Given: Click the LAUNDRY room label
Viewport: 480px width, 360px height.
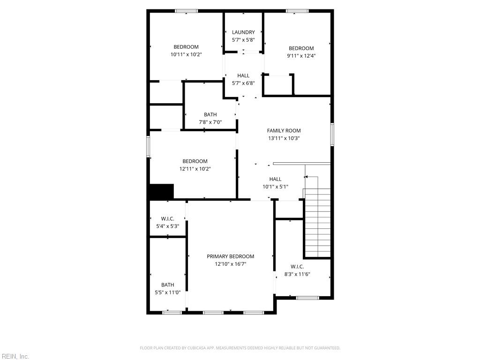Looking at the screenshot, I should (243, 32).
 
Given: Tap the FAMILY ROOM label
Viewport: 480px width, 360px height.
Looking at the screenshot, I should (284, 131).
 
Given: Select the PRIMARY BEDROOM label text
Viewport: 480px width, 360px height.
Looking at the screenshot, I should (230, 256).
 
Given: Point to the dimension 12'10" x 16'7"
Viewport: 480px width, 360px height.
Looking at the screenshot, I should (230, 264).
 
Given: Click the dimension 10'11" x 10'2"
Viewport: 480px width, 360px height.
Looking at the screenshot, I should (186, 54).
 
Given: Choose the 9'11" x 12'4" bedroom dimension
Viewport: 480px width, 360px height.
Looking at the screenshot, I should (301, 56).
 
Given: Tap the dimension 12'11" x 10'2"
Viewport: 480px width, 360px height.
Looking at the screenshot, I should (195, 169).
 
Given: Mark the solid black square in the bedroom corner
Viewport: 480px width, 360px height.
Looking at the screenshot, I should (161, 191).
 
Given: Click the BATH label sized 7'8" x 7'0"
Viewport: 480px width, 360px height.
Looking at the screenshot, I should (210, 115).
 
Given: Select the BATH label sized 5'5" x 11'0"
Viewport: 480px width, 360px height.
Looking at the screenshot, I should (167, 285).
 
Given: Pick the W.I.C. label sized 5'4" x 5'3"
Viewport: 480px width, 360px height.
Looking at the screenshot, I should (167, 219).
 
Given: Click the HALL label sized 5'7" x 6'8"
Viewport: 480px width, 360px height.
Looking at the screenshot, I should (243, 75).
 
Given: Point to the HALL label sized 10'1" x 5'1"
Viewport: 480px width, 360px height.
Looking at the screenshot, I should (275, 179).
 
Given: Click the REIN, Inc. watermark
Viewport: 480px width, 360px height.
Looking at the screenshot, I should (15, 356).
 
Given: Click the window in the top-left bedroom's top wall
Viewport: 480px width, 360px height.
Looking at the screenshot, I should (187, 11).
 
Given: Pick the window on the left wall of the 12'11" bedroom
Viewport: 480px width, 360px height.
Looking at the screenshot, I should (149, 146).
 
